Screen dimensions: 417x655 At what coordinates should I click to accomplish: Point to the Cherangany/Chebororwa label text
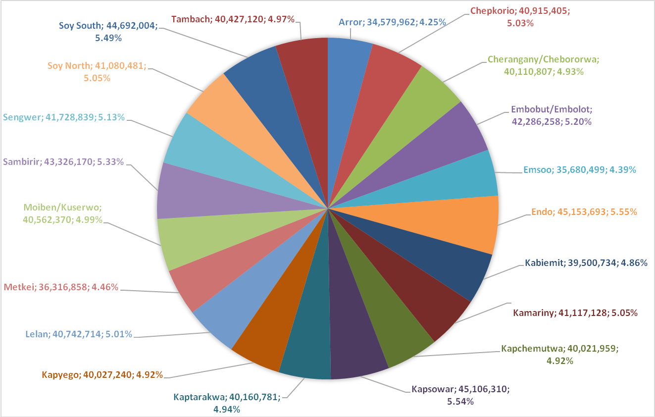coord(543,65)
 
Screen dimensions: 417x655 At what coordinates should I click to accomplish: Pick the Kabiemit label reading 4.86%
coord(586,263)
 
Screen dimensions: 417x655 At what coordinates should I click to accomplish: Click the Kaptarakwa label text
coord(227,403)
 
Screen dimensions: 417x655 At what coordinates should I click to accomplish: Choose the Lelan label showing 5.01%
coord(79,334)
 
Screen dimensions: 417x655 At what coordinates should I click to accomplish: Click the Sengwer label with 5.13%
coord(63,117)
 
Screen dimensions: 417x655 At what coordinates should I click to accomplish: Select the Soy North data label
coord(97,72)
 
